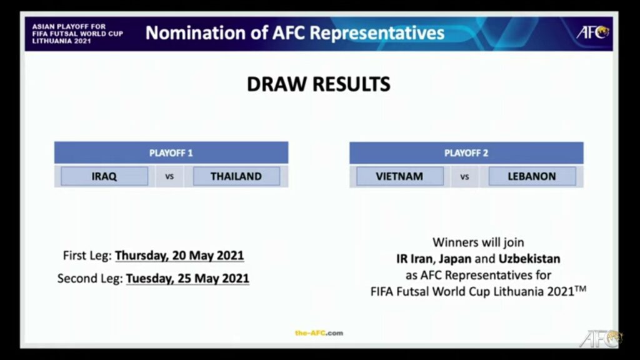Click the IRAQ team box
(x=104, y=176)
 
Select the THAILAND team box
(x=236, y=176)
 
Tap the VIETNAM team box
(x=399, y=176)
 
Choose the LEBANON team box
(x=532, y=176)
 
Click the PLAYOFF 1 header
(x=171, y=152)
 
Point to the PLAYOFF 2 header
(x=466, y=152)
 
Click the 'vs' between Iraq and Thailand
(x=169, y=177)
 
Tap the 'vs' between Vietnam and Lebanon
(x=464, y=177)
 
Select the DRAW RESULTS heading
(x=319, y=84)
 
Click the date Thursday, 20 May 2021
(x=179, y=256)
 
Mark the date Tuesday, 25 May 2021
(x=187, y=278)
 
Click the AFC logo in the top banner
(x=592, y=32)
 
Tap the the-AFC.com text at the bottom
(x=319, y=333)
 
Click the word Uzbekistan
(x=529, y=258)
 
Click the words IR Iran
(x=416, y=258)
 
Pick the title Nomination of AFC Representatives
(x=295, y=32)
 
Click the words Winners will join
(x=478, y=242)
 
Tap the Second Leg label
(x=89, y=278)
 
